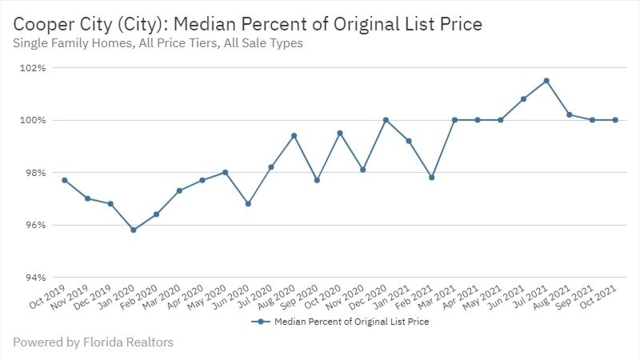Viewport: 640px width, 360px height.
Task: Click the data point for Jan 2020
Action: [x=134, y=230]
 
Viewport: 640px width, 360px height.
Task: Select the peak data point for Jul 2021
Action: [x=546, y=81]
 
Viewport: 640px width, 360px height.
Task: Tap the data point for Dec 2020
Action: [x=386, y=120]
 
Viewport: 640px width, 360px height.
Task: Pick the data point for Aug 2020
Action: [x=294, y=136]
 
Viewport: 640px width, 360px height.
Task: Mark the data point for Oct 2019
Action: [x=65, y=180]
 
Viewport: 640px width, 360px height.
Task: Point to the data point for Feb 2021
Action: [x=432, y=178]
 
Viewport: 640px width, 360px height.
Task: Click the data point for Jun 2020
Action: [x=248, y=204]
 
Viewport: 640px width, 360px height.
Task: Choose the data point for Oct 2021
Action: [x=615, y=120]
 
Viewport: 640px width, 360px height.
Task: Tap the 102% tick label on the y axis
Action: [x=34, y=68]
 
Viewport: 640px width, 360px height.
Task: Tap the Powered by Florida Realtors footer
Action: [x=93, y=342]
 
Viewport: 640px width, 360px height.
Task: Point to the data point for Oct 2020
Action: [x=340, y=134]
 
